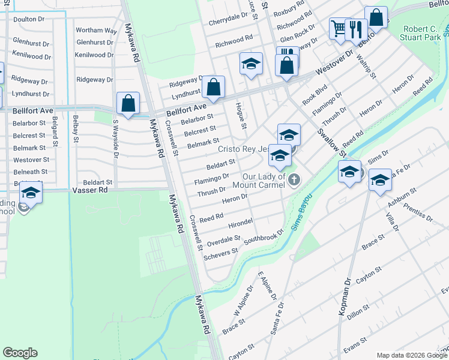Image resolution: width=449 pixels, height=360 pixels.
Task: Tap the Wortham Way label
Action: click(x=96, y=30)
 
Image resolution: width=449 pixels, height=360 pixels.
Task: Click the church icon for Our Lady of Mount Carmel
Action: click(x=294, y=179)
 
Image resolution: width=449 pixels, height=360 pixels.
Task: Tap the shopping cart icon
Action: click(x=339, y=28)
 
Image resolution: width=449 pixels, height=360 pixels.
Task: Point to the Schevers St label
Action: click(x=221, y=254)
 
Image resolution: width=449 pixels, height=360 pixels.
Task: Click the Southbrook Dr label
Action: click(x=263, y=236)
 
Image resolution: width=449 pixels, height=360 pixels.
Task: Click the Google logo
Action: click(x=20, y=353)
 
